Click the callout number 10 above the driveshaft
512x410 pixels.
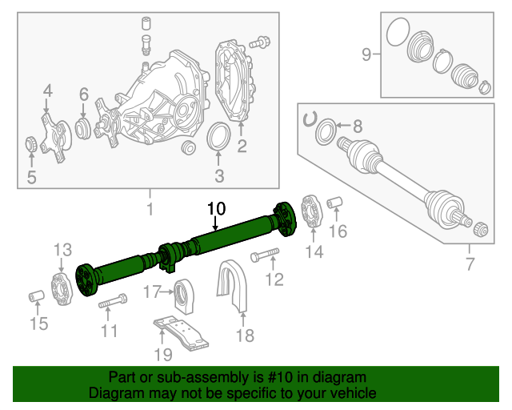click(216, 209)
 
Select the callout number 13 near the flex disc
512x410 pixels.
click(63, 251)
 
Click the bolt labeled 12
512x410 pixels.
click(263, 257)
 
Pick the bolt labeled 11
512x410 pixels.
click(112, 303)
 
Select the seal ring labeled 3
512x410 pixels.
click(218, 137)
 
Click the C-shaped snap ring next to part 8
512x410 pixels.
click(309, 120)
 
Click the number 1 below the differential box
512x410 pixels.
click(149, 210)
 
